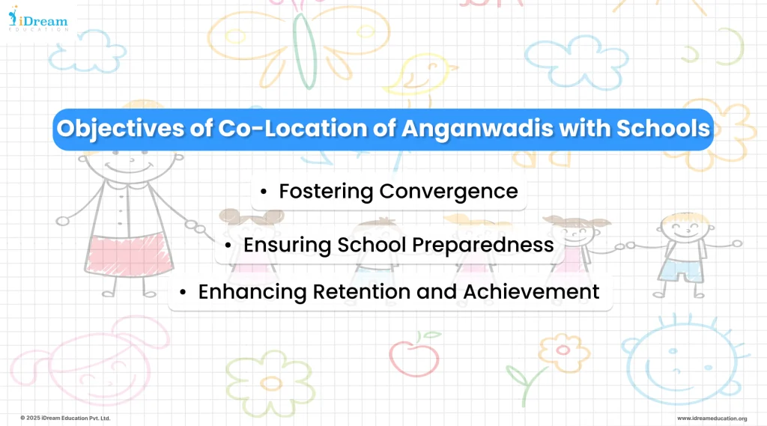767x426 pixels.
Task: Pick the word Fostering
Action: tap(327, 191)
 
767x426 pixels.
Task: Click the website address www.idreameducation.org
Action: tap(712, 418)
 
